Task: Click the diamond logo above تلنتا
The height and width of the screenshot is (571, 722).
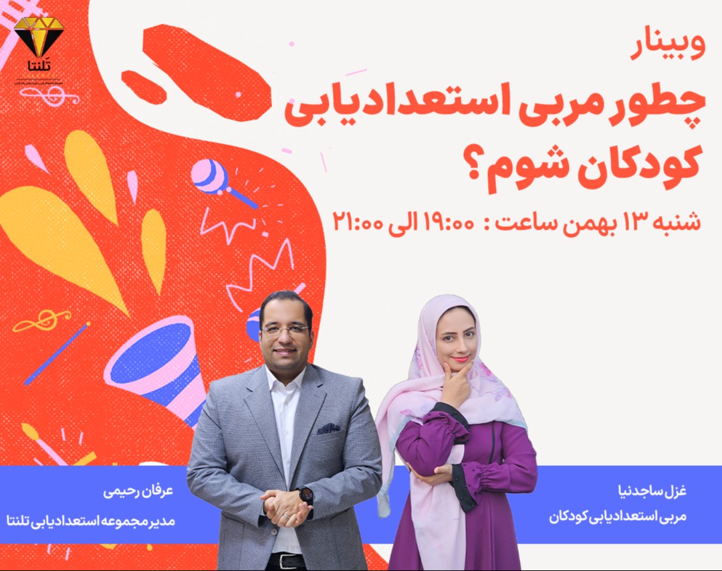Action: [x=39, y=35]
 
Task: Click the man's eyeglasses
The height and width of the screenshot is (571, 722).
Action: [x=285, y=329]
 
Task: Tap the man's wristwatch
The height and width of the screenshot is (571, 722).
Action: [x=306, y=496]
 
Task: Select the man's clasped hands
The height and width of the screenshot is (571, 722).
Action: [x=284, y=505]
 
